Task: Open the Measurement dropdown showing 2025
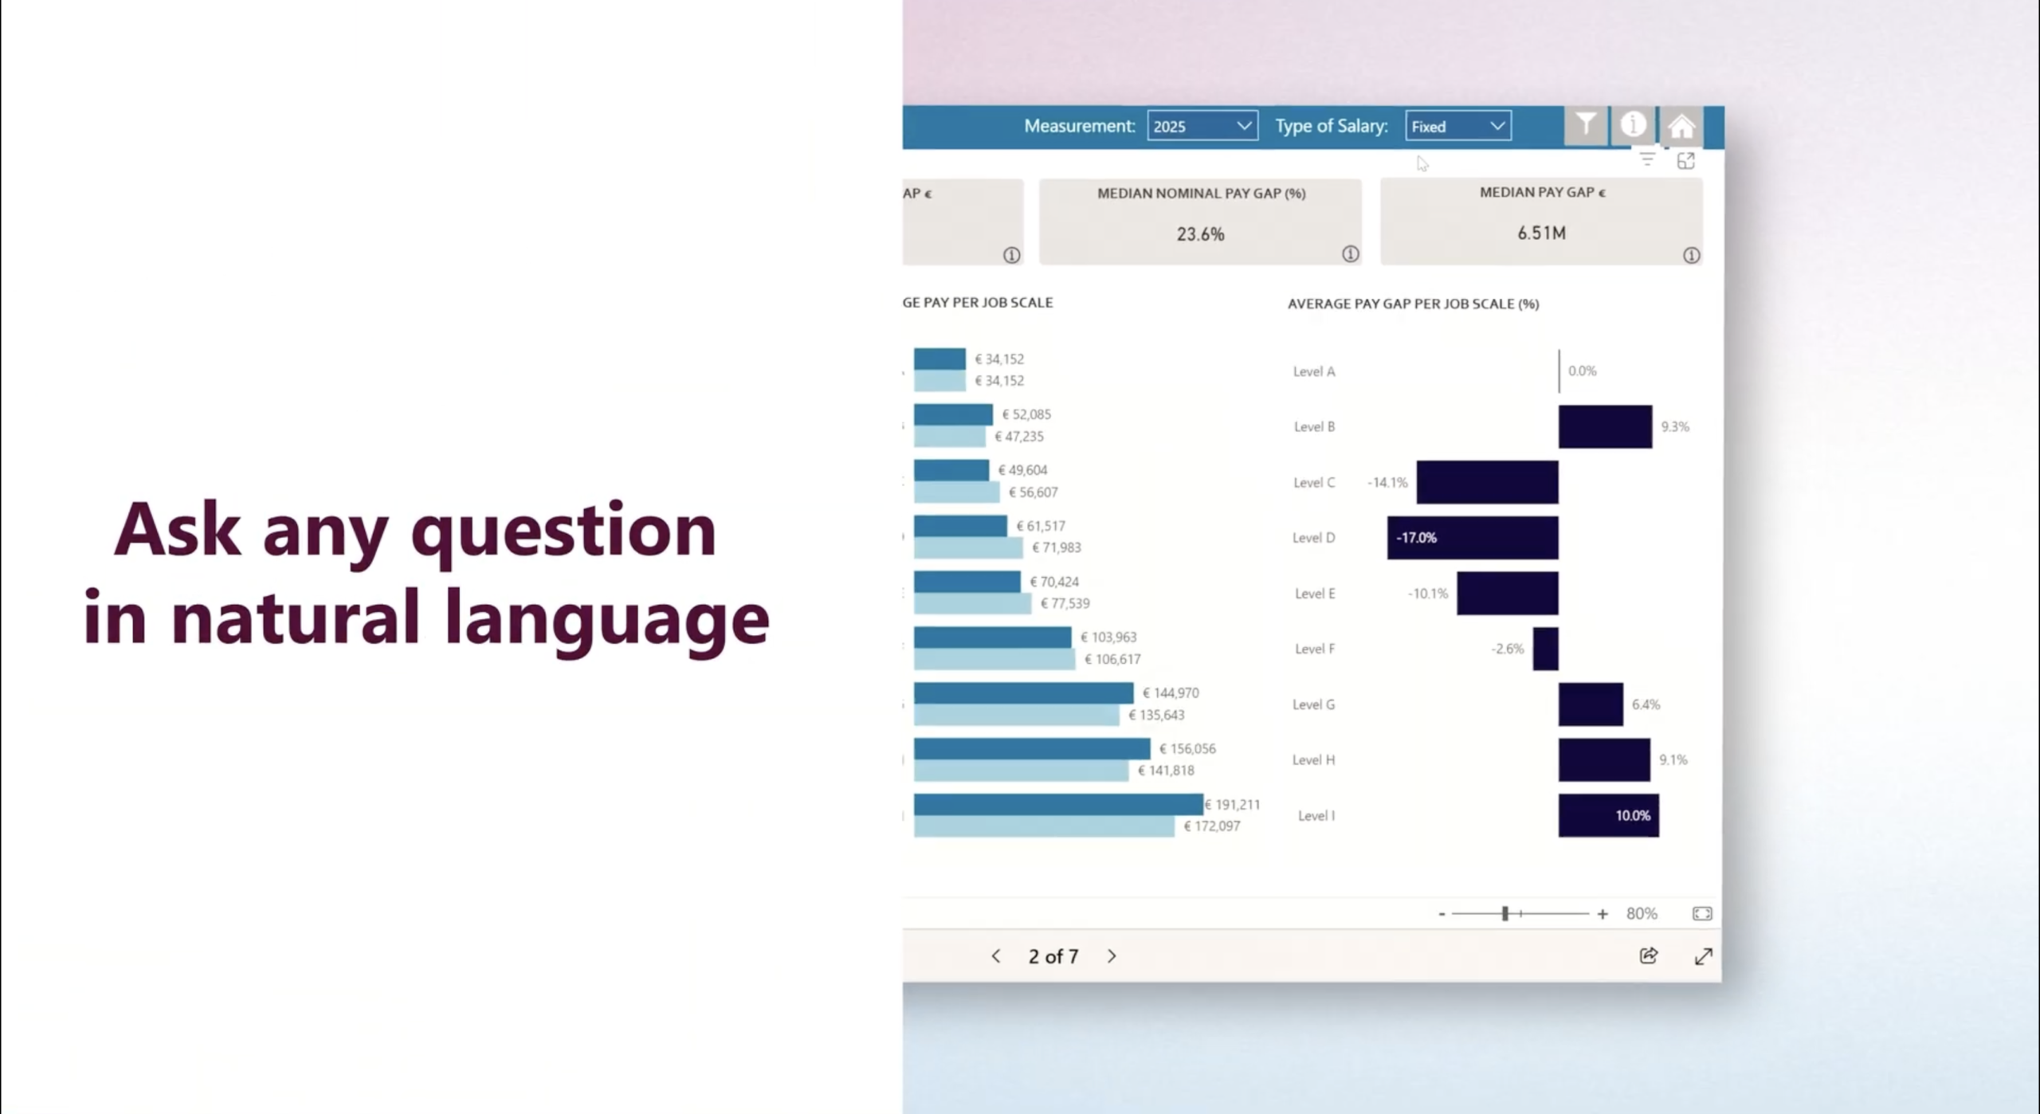(x=1202, y=126)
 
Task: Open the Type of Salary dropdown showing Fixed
(x=1457, y=126)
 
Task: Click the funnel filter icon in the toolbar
(x=1586, y=125)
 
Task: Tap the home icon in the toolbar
(x=1681, y=126)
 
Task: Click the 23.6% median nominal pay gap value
(x=1200, y=234)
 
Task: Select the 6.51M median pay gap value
(x=1541, y=233)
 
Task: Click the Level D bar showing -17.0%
(x=1473, y=538)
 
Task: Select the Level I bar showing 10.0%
(x=1608, y=815)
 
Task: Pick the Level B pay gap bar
(x=1605, y=426)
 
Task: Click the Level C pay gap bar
(x=1487, y=482)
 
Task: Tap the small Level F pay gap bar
(x=1545, y=649)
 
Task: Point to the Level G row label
(x=1313, y=704)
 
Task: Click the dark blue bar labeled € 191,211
(x=1057, y=804)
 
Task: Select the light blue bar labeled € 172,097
(x=1043, y=826)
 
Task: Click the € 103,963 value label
(x=1108, y=637)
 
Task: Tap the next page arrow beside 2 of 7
(x=1112, y=956)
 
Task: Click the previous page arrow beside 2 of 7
(x=995, y=956)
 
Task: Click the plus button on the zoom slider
(x=1603, y=914)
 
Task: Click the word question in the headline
(x=563, y=532)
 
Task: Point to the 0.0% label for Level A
(x=1582, y=371)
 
